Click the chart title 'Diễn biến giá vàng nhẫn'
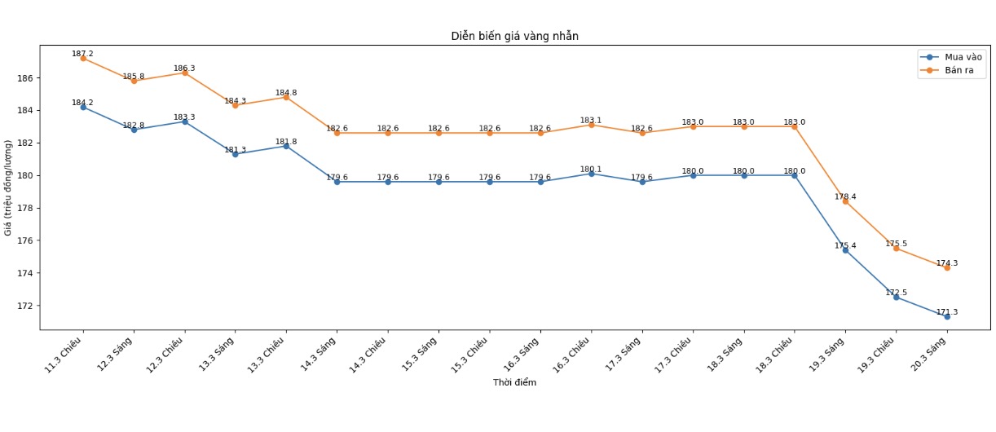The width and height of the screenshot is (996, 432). point(514,37)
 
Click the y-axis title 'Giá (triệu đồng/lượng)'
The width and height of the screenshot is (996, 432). point(9,187)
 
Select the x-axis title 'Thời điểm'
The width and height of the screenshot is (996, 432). point(514,383)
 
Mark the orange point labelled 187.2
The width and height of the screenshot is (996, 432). point(83,58)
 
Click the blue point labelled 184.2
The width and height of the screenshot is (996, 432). point(83,107)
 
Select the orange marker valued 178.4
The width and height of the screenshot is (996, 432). point(845,201)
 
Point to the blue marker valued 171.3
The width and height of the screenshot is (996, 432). point(947,316)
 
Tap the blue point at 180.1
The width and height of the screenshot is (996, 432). point(591,174)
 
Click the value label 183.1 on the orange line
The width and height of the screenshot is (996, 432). point(591,121)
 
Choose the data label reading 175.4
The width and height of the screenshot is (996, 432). point(845,246)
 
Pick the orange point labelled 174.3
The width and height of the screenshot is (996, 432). point(947,267)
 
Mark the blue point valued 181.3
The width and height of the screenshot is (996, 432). point(236,154)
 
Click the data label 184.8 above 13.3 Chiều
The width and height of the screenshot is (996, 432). point(286,93)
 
